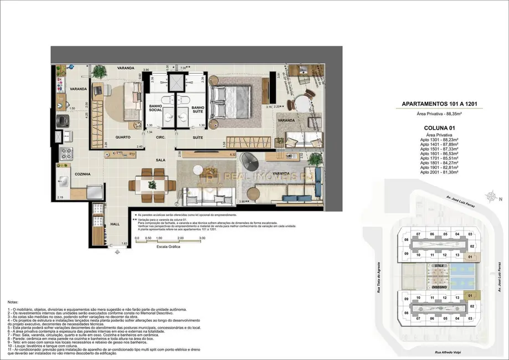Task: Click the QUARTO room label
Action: click(123, 137)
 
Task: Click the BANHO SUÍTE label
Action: click(198, 110)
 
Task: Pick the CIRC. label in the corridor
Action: click(161, 137)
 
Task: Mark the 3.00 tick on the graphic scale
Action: click(202, 238)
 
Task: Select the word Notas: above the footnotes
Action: click(13, 302)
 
